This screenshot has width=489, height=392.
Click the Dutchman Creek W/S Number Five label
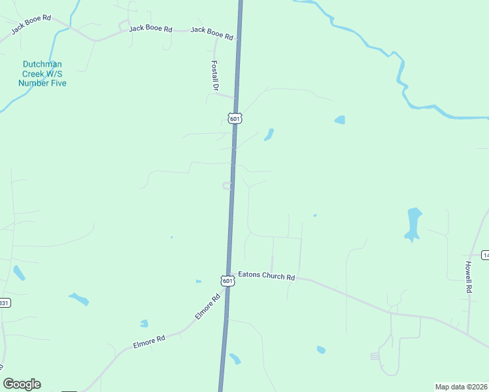[x=42, y=74]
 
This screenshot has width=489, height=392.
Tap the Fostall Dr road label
[x=214, y=75]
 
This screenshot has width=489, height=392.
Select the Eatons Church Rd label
[x=267, y=276]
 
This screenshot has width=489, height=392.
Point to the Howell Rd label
[x=469, y=276]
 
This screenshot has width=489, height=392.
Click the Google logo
[x=22, y=384]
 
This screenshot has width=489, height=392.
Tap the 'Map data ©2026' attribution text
[x=461, y=386]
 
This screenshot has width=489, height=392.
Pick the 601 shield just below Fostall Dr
[x=235, y=118]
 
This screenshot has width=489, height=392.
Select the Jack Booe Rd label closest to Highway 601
[x=211, y=34]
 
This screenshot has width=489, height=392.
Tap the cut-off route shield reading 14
[x=485, y=254]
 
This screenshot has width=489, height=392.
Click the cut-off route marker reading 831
[x=5, y=303]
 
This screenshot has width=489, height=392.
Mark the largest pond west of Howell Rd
[x=414, y=223]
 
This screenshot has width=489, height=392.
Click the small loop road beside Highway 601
[x=228, y=186]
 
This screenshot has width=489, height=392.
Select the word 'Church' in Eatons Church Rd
[x=273, y=276]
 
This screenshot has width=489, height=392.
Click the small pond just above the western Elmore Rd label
[x=144, y=323]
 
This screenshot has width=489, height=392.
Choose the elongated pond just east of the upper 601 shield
[x=268, y=135]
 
